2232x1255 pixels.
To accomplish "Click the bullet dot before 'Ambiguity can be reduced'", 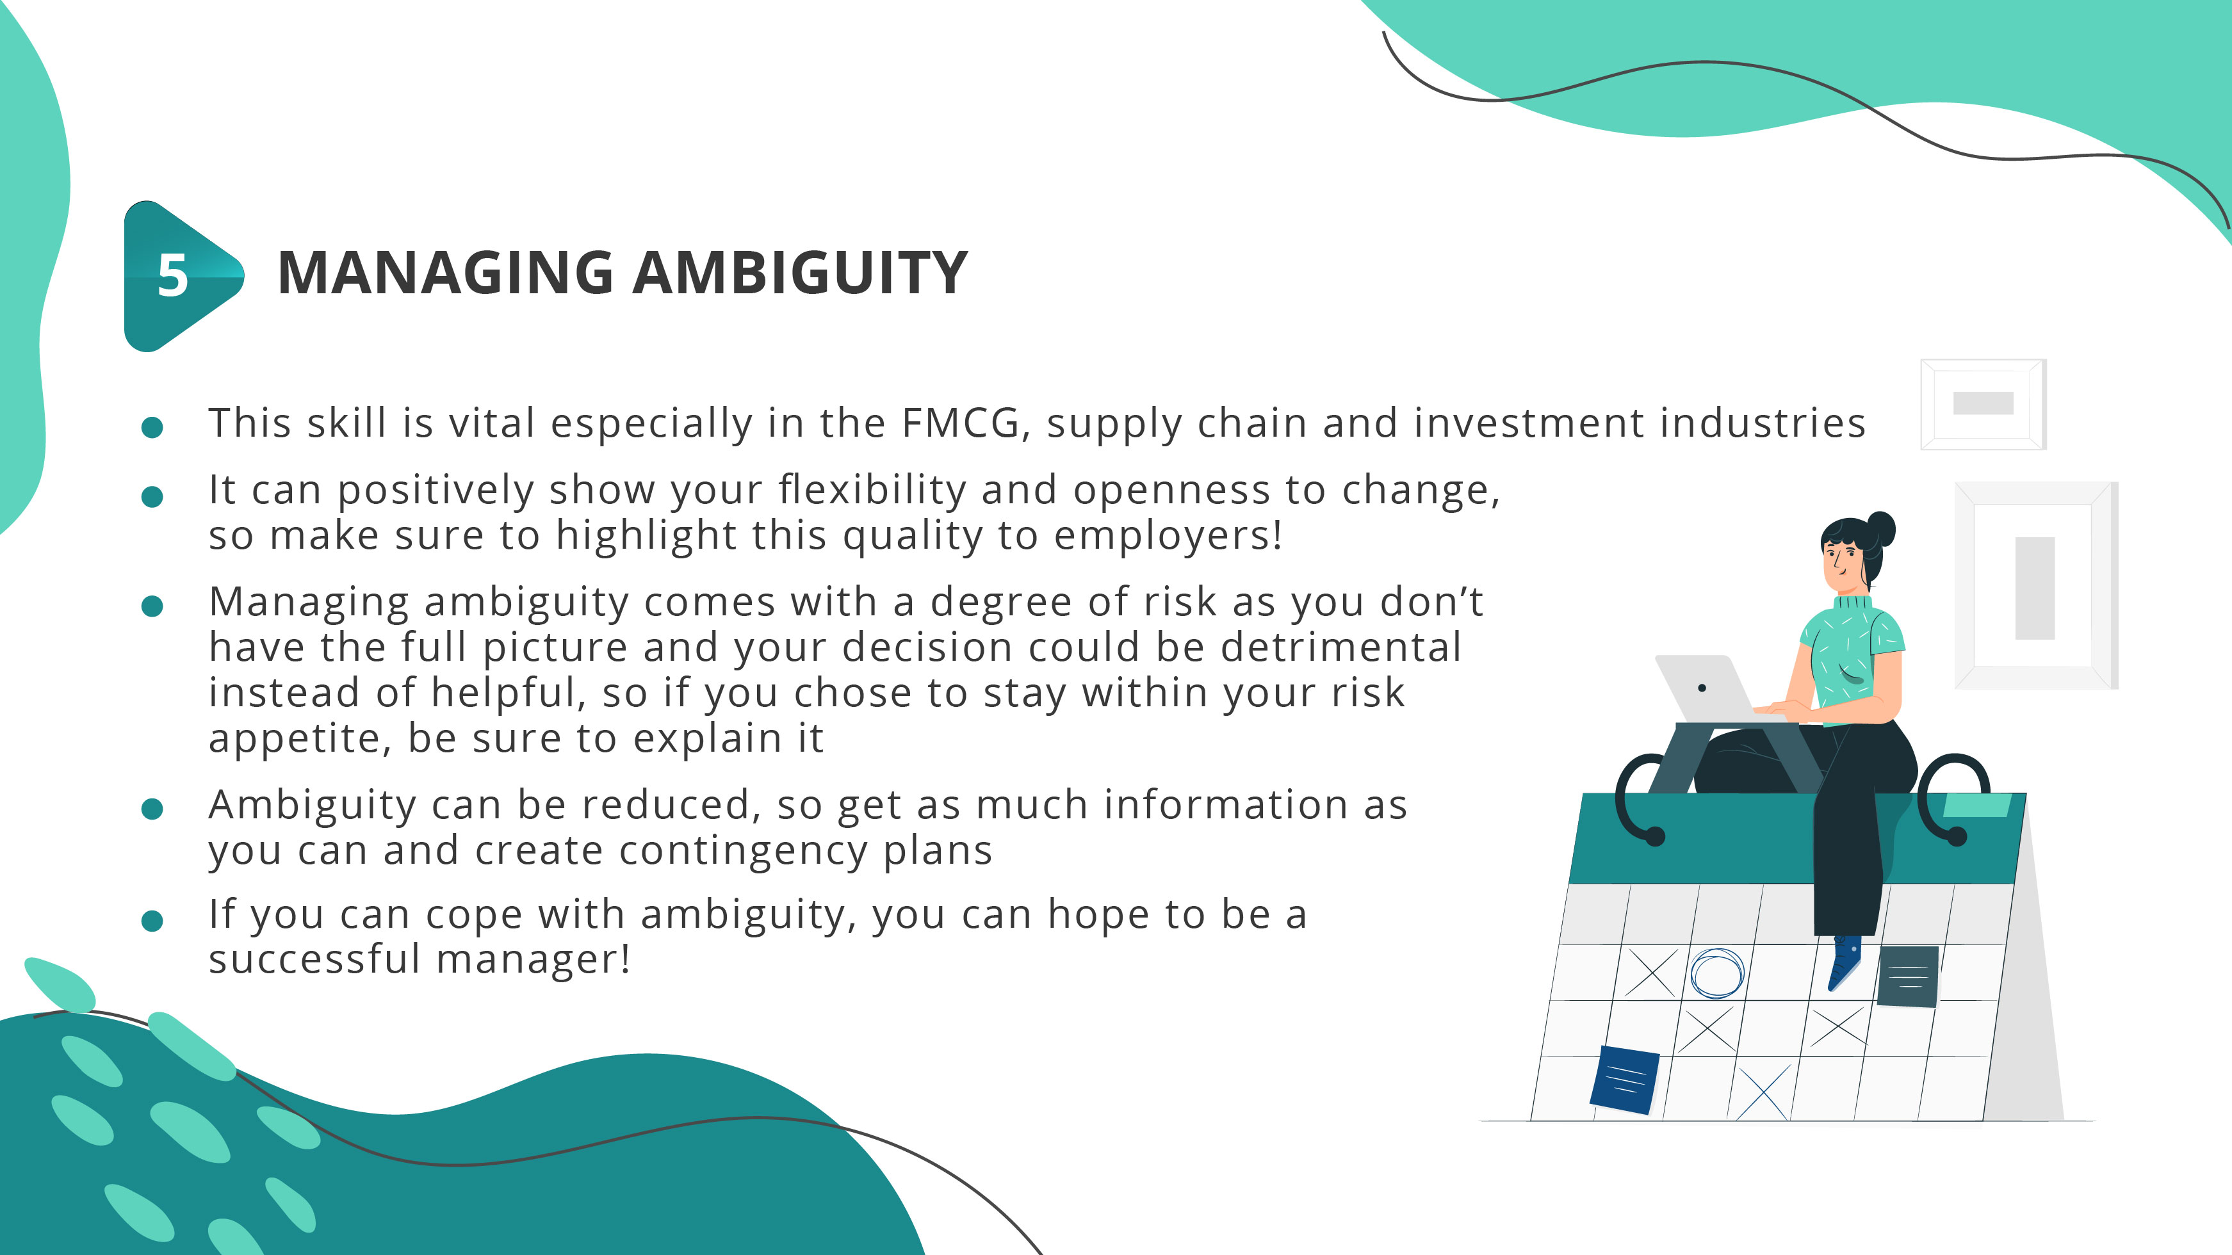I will coord(152,809).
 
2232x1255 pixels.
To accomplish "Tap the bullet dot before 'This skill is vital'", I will coord(152,427).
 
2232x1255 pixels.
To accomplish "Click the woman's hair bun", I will coord(1881,528).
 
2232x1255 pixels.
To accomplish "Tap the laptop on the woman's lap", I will coord(1702,688).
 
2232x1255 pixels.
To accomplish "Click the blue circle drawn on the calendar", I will coord(1716,973).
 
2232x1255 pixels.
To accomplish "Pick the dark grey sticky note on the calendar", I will coord(1907,976).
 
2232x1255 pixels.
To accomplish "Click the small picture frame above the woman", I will coord(1982,403).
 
